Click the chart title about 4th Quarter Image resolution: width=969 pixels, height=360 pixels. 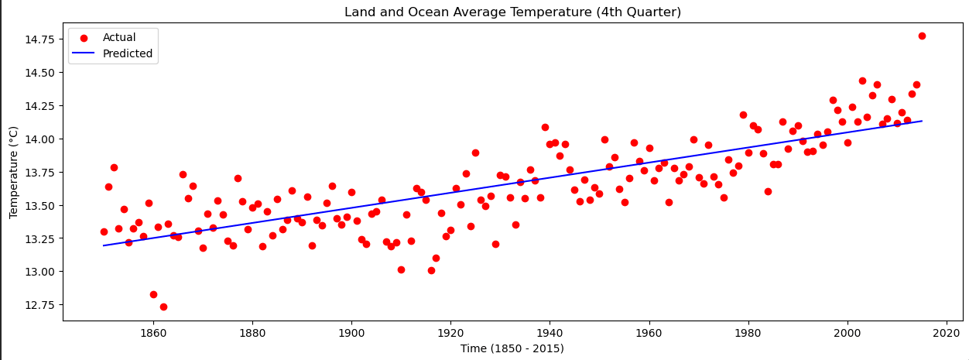tap(512, 12)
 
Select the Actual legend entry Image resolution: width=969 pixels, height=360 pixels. tap(119, 38)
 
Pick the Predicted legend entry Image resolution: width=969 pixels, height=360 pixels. tap(128, 54)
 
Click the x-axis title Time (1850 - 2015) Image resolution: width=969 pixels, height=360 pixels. tap(512, 348)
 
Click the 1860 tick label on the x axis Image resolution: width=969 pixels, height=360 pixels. tap(153, 333)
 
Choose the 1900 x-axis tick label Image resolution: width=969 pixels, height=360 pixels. tap(351, 333)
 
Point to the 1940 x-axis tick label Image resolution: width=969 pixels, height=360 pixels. tap(550, 333)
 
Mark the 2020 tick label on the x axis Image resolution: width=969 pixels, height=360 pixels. tap(946, 333)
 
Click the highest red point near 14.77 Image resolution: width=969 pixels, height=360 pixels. tap(922, 36)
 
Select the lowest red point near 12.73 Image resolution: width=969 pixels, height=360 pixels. tap(163, 307)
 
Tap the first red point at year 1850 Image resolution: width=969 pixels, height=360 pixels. tap(104, 231)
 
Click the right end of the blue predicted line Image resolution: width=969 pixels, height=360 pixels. tap(922, 121)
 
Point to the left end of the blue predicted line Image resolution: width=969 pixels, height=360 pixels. tap(104, 245)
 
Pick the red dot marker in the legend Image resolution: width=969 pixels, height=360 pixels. tap(85, 38)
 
